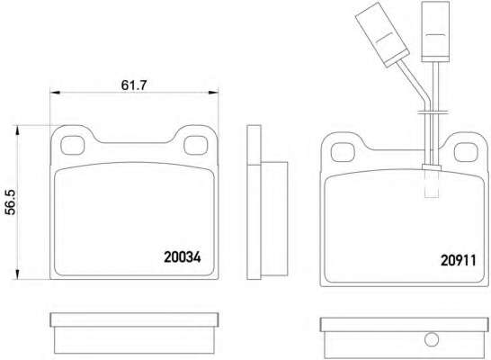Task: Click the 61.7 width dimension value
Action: click(x=134, y=85)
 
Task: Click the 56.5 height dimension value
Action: click(x=10, y=202)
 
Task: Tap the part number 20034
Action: click(x=183, y=257)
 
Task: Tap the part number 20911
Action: click(x=458, y=260)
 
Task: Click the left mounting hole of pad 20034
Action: click(x=72, y=146)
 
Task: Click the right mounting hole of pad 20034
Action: click(x=196, y=146)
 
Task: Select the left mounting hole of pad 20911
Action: click(x=343, y=152)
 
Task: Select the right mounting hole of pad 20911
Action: click(x=466, y=152)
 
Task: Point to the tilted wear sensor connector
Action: click(x=382, y=34)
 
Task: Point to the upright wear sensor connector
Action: click(x=435, y=31)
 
